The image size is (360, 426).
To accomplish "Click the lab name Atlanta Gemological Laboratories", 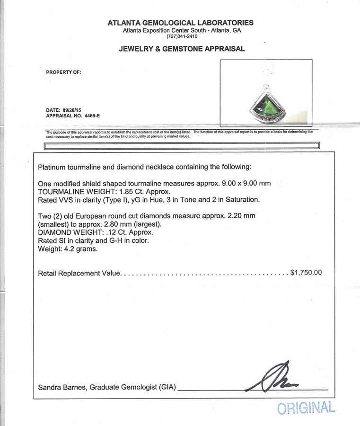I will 180,23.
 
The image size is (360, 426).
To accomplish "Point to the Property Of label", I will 63,72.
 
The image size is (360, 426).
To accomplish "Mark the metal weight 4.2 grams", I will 79,249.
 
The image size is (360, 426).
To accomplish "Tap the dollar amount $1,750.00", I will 306,273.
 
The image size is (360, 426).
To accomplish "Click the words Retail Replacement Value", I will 79,274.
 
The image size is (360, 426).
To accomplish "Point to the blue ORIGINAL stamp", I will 306,408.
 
